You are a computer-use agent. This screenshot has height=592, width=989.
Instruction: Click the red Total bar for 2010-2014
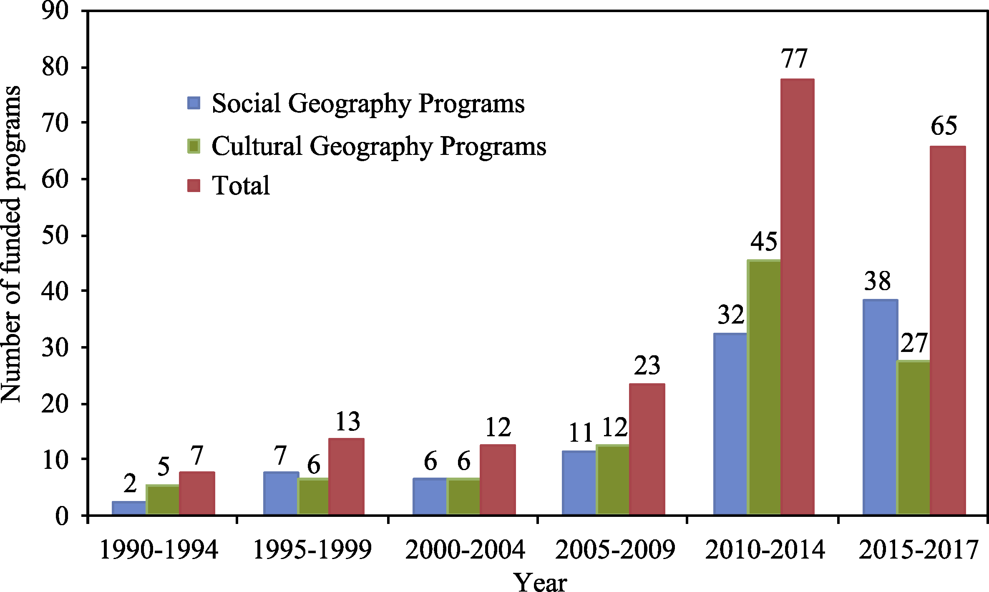point(797,296)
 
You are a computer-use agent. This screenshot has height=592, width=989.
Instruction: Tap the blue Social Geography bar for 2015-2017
point(880,407)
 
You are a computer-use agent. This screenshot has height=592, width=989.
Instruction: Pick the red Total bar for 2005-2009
point(647,449)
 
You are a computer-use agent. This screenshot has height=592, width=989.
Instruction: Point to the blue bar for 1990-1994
point(129,508)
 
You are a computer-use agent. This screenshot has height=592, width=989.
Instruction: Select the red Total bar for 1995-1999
point(346,476)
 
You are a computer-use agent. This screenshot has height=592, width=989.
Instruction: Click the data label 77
point(795,58)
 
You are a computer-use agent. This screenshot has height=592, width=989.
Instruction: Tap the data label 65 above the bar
point(944,126)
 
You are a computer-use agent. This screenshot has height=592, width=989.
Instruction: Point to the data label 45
point(764,241)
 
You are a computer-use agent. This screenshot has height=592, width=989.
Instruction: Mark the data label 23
point(647,366)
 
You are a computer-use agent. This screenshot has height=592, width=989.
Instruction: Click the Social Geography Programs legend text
point(368,103)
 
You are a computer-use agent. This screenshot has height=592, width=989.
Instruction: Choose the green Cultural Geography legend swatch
point(194,146)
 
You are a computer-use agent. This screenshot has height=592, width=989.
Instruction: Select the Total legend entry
point(241,185)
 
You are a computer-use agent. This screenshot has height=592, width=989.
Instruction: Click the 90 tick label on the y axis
point(55,11)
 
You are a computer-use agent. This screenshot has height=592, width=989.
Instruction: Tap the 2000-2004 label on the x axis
point(465,549)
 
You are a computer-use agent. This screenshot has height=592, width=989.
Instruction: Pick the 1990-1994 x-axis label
point(159,549)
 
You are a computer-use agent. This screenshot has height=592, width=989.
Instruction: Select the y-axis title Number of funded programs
point(11,244)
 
